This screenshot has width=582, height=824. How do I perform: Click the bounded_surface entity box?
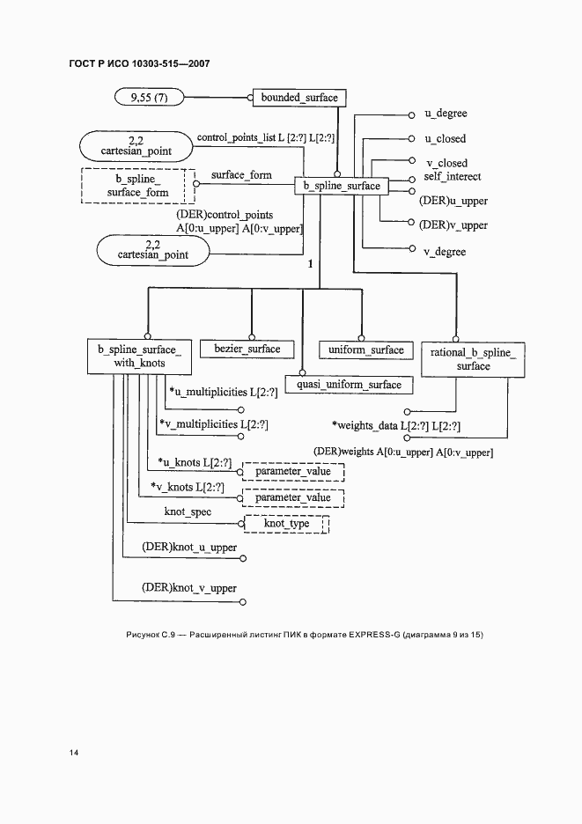[299, 98]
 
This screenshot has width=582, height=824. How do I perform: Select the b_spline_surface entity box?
[342, 186]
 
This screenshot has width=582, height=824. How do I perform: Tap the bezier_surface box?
[247, 349]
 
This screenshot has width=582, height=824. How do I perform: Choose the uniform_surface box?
[365, 349]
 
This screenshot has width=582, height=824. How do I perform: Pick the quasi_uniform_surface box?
[349, 385]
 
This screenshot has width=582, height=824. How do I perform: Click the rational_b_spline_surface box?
[473, 358]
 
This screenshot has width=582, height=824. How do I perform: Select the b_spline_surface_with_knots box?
[139, 357]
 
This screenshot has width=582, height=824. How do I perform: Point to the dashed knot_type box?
[286, 525]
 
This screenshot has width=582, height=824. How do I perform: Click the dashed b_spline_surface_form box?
[137, 185]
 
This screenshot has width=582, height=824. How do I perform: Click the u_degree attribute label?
[446, 114]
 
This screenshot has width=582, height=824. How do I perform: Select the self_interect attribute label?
[453, 177]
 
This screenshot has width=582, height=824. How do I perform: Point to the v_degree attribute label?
[446, 252]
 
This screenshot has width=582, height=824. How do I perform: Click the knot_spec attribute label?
[188, 511]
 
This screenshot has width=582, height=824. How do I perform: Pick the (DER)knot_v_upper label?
[188, 587]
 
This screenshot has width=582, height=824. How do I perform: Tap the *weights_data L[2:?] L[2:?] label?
[396, 426]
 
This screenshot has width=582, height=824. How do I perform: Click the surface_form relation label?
[241, 175]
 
